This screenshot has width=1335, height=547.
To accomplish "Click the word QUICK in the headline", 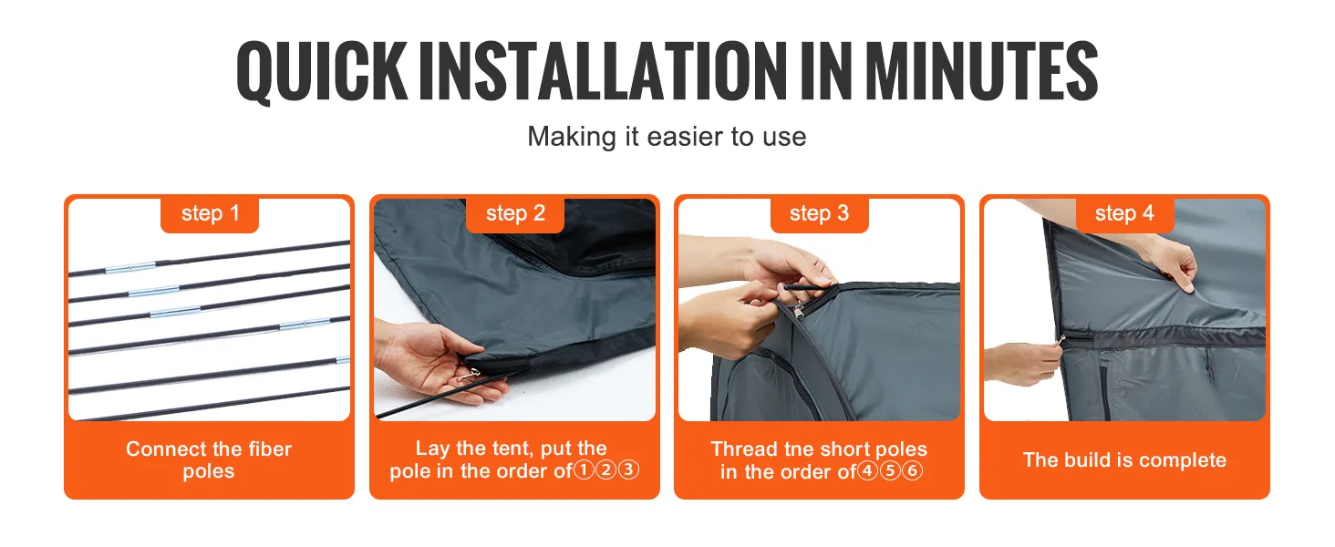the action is [322, 71].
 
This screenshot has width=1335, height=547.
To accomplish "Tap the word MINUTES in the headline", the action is [981, 70].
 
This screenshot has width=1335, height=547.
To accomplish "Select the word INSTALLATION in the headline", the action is [603, 70].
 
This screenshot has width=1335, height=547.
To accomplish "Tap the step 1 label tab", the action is [210, 214].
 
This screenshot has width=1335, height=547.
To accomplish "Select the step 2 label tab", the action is [515, 214].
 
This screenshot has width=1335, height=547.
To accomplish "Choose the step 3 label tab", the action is [820, 214].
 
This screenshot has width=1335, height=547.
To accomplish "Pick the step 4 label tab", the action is [1124, 214].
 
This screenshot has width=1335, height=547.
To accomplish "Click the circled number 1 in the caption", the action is [584, 470].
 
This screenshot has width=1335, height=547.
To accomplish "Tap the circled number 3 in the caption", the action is [628, 470].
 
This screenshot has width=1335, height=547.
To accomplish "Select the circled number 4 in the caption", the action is [868, 470].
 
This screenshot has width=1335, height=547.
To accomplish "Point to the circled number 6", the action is [912, 470].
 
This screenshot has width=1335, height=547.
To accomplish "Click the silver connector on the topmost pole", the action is [131, 267].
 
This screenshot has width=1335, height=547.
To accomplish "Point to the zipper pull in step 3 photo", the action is [799, 310].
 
